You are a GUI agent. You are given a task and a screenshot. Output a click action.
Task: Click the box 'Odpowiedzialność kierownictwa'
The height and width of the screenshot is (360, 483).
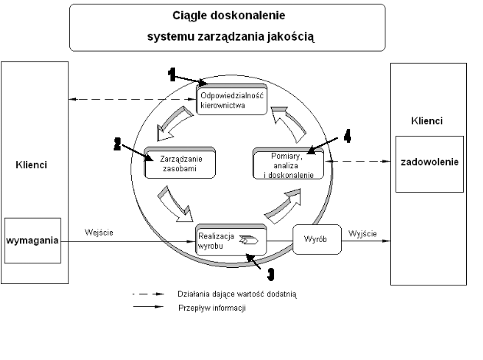pos(232,99)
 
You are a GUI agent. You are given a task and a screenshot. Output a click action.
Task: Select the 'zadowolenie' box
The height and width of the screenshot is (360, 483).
pos(428,163)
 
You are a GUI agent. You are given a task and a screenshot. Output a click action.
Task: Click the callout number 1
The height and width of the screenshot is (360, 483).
pos(173,74)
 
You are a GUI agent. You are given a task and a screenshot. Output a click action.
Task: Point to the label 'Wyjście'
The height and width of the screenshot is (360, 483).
pos(363,231)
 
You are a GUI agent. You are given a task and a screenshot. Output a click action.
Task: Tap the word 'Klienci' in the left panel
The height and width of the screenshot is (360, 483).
pos(31,164)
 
